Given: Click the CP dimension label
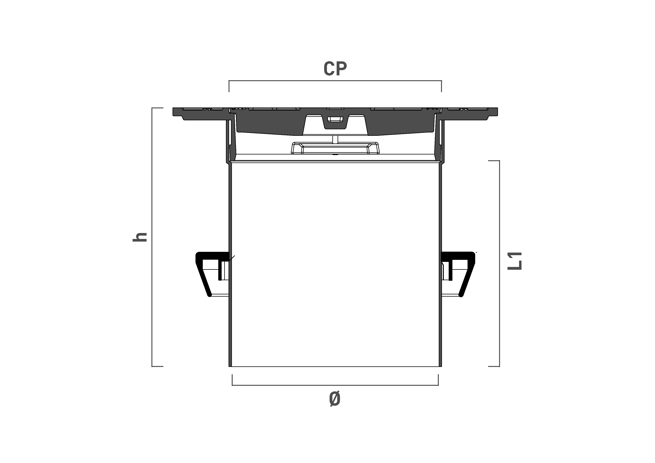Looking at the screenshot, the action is pos(335,69).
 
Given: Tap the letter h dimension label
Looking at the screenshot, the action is pos(140,237).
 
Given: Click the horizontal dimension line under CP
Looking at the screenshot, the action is pos(335,81).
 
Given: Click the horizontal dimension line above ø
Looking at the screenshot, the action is pos(335,385).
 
